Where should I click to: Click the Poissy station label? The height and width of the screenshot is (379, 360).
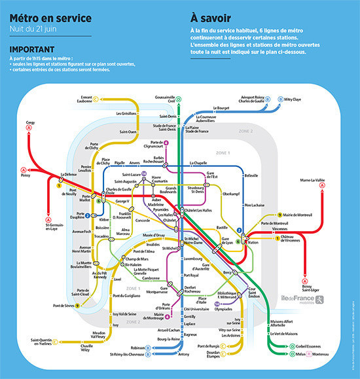tap(25, 194)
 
